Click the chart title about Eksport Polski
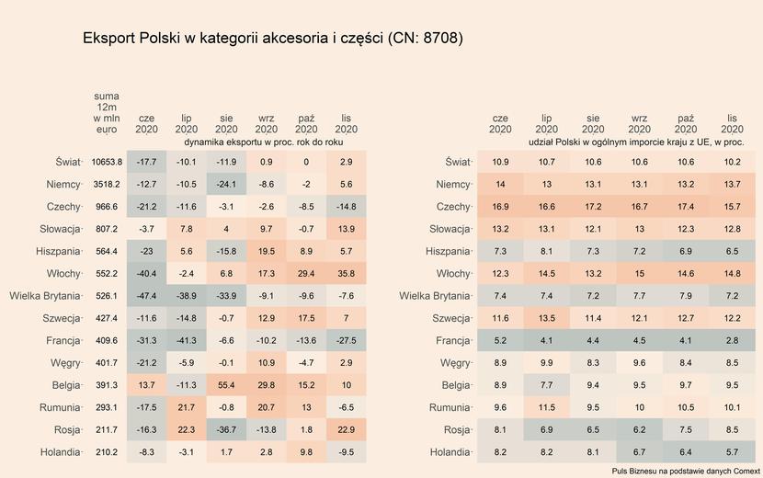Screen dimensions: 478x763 (x=272, y=40)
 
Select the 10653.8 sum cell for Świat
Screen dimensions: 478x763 (x=107, y=162)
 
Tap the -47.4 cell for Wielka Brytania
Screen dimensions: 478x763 (x=146, y=296)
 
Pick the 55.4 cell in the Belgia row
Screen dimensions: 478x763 (x=226, y=385)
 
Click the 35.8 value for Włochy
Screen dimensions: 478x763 (x=346, y=274)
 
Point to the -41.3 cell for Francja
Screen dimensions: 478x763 (x=187, y=341)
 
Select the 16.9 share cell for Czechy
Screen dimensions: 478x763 (x=500, y=207)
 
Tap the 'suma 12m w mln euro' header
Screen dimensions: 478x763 (x=107, y=113)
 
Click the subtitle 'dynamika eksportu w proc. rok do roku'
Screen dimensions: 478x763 (x=264, y=143)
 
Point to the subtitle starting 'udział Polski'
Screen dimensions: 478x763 (x=636, y=143)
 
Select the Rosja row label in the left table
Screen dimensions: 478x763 (x=62, y=430)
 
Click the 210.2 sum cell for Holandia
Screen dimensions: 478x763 (x=107, y=452)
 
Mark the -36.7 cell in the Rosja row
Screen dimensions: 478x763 (x=226, y=430)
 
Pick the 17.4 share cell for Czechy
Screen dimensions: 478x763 (x=685, y=207)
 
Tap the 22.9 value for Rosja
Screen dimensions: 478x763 (x=346, y=430)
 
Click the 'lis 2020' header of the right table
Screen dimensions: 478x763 (x=732, y=124)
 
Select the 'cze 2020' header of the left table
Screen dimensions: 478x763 (x=146, y=124)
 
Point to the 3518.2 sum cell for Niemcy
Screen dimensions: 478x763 (x=107, y=185)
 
